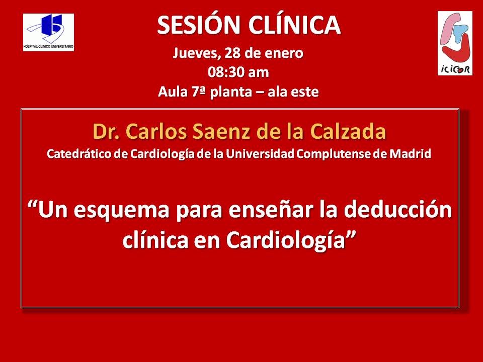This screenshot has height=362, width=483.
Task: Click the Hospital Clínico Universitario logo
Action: coord(48,32)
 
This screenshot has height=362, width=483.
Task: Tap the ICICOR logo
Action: coord(455,43)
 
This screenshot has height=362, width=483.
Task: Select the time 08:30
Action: coord(225,72)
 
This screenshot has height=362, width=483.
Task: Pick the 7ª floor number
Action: coord(198,92)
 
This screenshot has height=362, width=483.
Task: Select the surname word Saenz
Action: coord(222,131)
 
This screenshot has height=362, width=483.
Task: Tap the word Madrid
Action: coord(410,154)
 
